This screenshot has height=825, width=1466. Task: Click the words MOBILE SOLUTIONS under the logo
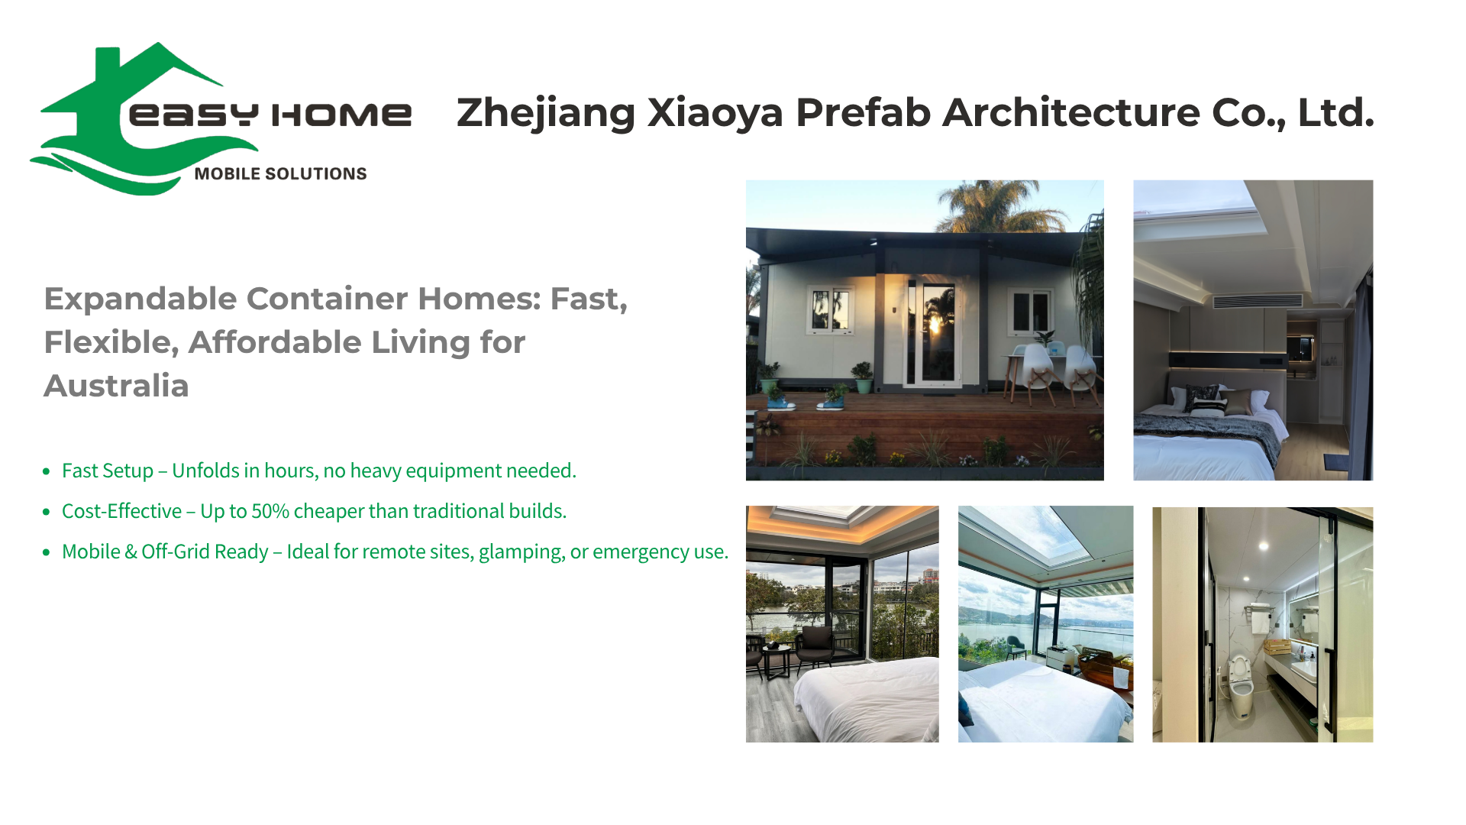coord(280,174)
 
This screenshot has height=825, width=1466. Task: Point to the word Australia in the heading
coord(116,386)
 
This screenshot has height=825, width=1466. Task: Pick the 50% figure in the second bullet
coord(270,511)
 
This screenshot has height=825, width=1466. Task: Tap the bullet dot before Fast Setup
coord(47,472)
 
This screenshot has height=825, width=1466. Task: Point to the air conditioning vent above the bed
coord(1258,301)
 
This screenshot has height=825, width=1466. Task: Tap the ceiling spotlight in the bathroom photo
coord(1264,546)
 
